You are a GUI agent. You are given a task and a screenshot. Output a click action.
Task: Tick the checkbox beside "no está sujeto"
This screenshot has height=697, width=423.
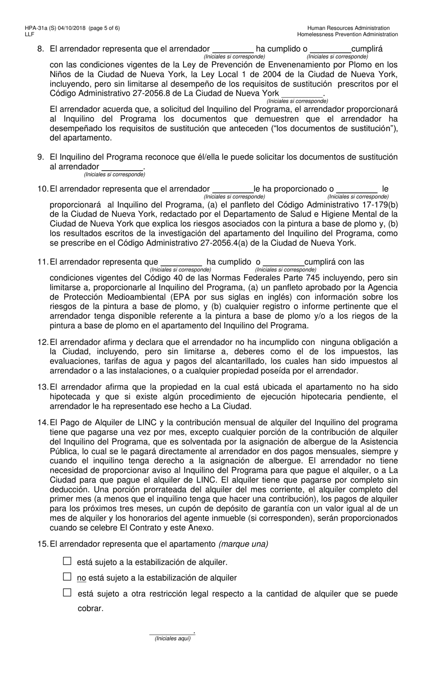click(x=67, y=577)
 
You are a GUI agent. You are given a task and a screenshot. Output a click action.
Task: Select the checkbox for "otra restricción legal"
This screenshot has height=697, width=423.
click(x=67, y=593)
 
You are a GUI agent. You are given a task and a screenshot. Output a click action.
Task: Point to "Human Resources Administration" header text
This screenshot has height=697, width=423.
click(x=348, y=28)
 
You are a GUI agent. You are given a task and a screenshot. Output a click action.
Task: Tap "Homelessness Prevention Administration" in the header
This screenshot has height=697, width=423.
click(x=347, y=34)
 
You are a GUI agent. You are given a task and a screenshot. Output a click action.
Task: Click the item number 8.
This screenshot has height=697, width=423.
click(x=41, y=49)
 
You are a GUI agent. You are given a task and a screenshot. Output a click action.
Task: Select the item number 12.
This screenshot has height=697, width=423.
click(x=42, y=342)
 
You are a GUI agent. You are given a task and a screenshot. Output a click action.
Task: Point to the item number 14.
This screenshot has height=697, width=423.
click(x=42, y=422)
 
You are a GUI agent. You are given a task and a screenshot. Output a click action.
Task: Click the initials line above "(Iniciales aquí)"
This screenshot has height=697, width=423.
click(x=171, y=632)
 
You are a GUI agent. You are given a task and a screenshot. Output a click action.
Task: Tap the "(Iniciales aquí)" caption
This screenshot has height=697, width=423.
click(x=172, y=639)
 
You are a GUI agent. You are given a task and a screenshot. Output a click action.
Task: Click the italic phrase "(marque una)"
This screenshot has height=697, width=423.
click(x=244, y=544)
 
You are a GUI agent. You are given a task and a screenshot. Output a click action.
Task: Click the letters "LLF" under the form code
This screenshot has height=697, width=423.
click(x=30, y=34)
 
